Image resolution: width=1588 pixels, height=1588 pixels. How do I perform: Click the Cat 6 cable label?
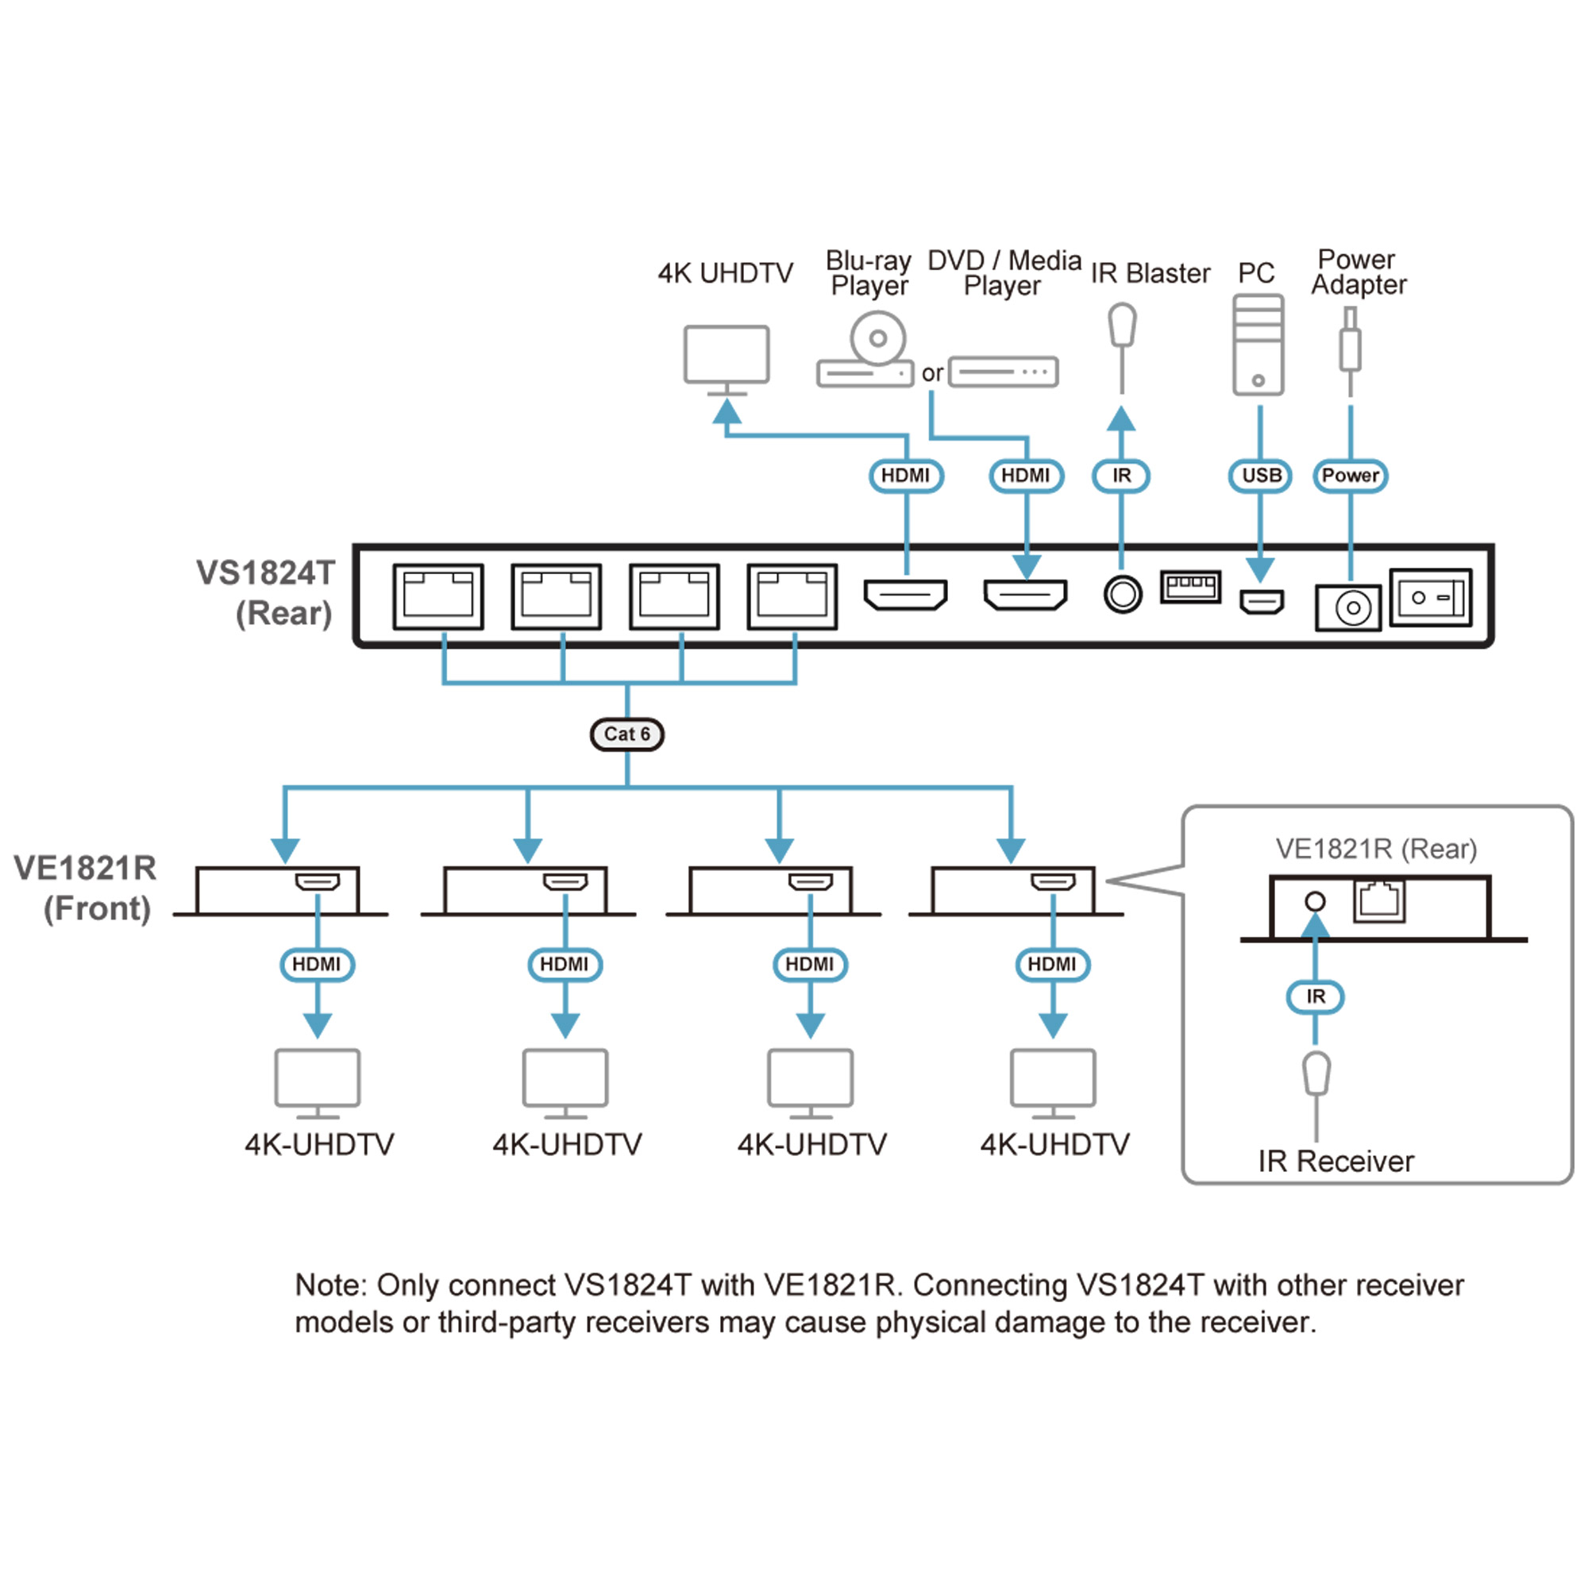click(626, 734)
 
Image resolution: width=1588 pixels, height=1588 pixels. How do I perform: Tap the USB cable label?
click(1260, 476)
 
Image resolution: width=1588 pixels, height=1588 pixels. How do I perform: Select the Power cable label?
click(1350, 476)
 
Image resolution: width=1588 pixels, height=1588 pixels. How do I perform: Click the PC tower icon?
click(1258, 345)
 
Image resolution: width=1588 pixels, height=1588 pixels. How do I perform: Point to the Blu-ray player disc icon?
click(877, 337)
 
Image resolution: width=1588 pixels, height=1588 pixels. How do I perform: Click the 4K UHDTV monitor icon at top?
click(727, 355)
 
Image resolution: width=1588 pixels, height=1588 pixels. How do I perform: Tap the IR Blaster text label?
click(1150, 273)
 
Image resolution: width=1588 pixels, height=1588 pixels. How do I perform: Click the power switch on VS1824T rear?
click(1430, 598)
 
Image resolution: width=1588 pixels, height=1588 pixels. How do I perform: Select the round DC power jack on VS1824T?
click(1348, 608)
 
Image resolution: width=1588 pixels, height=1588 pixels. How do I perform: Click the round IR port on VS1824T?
click(1123, 593)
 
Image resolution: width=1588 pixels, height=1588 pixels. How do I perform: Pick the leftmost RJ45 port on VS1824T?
click(438, 597)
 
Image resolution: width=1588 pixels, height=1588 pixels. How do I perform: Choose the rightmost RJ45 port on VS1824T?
click(792, 597)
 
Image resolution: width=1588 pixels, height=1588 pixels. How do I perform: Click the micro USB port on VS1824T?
click(1261, 602)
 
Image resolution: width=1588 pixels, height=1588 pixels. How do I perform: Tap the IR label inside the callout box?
click(1315, 997)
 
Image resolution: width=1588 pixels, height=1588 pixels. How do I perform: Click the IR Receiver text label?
click(1336, 1162)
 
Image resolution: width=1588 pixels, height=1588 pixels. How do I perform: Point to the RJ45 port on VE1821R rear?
click(1379, 900)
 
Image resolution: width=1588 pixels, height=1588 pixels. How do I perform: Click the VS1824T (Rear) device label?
click(265, 592)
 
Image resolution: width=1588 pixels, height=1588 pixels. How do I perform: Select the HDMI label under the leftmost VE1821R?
click(318, 964)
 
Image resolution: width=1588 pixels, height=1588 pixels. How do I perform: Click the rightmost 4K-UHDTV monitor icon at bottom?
click(1053, 1078)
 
